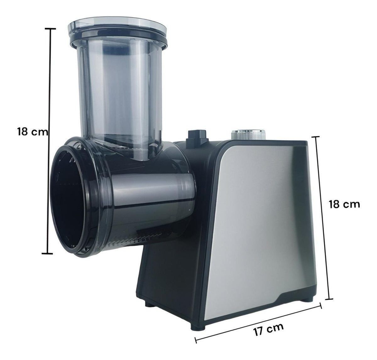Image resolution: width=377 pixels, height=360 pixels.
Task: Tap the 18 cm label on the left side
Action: click(33, 132)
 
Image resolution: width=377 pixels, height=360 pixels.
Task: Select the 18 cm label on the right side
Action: click(344, 204)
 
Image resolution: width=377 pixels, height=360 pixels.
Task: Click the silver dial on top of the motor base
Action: click(249, 134)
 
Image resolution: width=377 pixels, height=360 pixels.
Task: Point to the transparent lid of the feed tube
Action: click(117, 27)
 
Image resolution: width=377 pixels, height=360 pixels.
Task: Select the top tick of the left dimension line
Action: click(50, 29)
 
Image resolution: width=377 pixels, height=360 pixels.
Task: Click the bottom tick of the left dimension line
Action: click(47, 253)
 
